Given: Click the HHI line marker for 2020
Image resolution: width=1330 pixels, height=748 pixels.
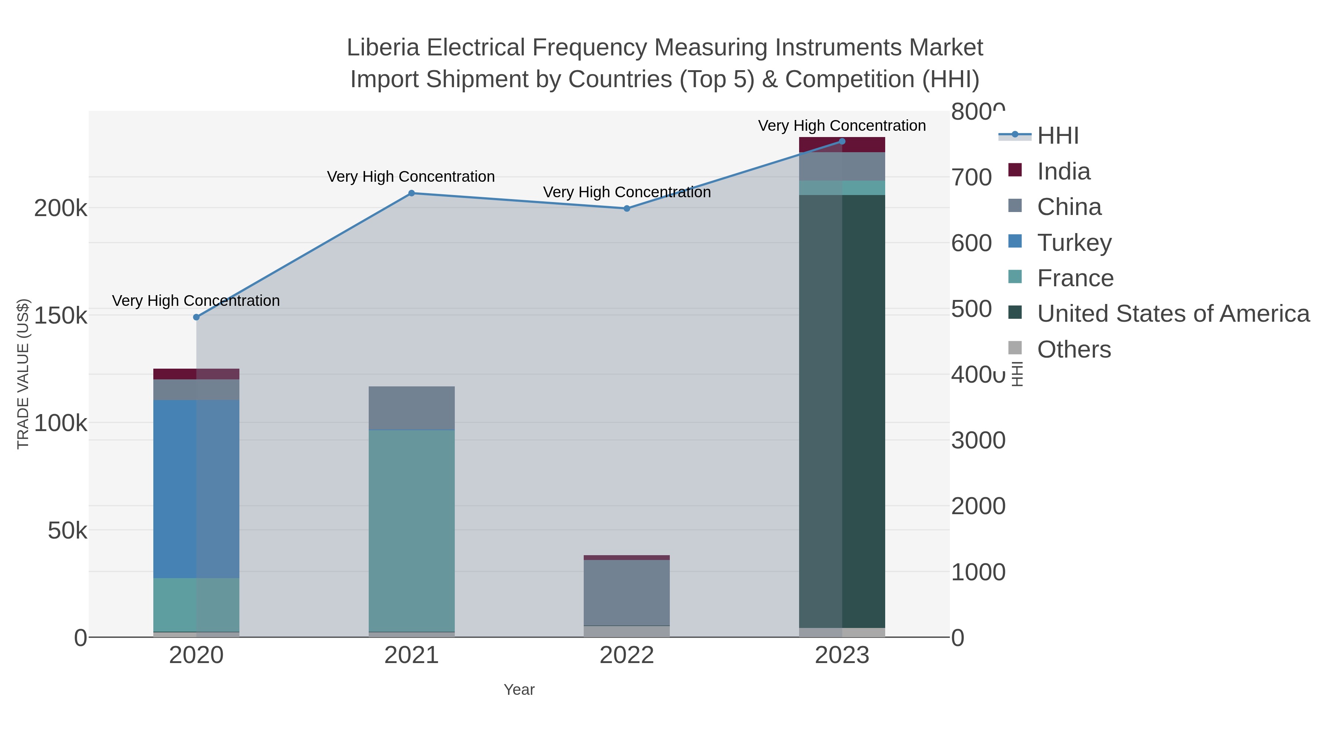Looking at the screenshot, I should pyautogui.click(x=196, y=317).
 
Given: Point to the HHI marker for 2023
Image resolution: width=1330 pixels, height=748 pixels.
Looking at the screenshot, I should pyautogui.click(x=842, y=141).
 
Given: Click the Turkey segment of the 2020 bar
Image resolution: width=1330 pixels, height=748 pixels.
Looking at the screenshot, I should pyautogui.click(x=196, y=488).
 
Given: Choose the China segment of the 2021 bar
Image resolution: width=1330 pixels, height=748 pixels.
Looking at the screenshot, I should pyautogui.click(x=412, y=408).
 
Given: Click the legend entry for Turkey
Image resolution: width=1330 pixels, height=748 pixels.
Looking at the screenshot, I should pyautogui.click(x=1074, y=243).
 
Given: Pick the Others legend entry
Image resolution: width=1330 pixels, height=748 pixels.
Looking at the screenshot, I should pyautogui.click(x=1074, y=349).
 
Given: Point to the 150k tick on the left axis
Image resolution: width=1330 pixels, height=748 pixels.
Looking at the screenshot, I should pyautogui.click(x=61, y=315).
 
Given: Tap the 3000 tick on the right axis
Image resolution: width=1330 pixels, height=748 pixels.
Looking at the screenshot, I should pyautogui.click(x=978, y=440).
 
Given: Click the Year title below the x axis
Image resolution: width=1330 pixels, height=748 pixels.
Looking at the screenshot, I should pyautogui.click(x=519, y=690).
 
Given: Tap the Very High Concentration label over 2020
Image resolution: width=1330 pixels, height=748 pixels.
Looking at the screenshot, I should pyautogui.click(x=196, y=300).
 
